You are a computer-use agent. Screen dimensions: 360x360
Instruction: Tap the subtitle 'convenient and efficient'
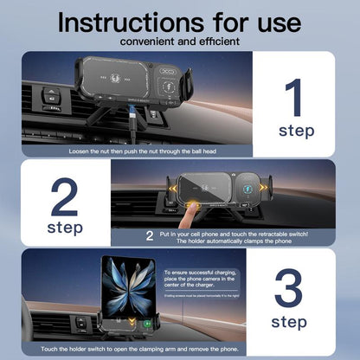180,40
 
